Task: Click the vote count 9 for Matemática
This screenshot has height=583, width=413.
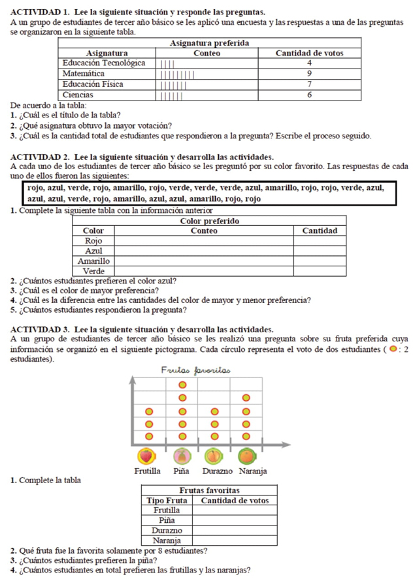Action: (x=308, y=74)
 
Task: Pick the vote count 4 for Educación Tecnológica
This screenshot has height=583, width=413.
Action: (x=308, y=63)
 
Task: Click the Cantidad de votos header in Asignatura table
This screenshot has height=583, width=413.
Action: (x=308, y=53)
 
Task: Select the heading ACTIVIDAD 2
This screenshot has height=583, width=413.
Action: (x=41, y=156)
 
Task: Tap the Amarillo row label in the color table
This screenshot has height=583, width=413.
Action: (x=95, y=260)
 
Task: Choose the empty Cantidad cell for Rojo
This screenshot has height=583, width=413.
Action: (x=320, y=240)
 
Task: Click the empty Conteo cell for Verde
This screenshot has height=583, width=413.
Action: (x=203, y=270)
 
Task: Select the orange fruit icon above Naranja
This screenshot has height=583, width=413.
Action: (x=246, y=454)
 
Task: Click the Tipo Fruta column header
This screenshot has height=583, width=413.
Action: (x=167, y=500)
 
